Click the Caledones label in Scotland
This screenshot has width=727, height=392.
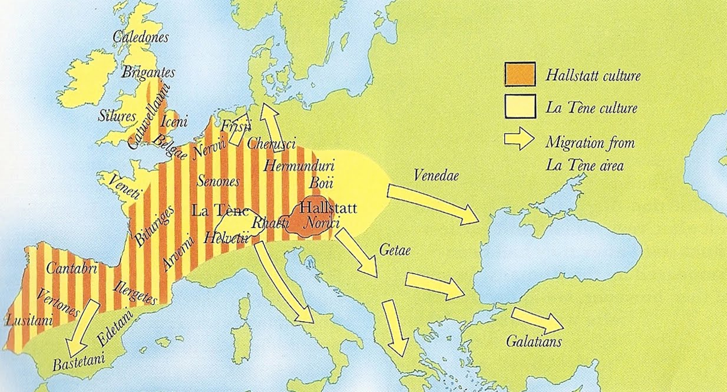click(x=141, y=38)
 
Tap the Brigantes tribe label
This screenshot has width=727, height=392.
click(x=148, y=73)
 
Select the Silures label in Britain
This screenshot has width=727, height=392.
click(x=117, y=116)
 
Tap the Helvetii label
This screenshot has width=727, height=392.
click(x=225, y=238)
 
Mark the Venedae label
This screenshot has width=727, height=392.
click(x=437, y=175)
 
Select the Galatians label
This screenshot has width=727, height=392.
click(x=534, y=342)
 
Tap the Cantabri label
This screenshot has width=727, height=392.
click(x=71, y=266)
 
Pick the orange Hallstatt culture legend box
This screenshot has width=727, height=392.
click(x=519, y=75)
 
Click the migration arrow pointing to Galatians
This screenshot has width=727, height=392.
click(x=536, y=321)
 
